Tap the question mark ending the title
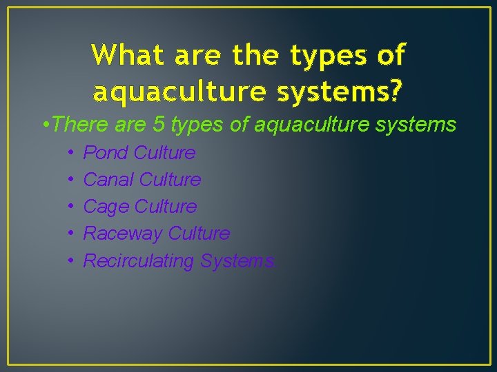(398, 90)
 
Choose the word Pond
(106, 153)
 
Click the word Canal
(108, 180)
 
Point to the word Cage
(106, 207)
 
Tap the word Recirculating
(139, 261)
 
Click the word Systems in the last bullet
(237, 261)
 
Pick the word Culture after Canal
(170, 180)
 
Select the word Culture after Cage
(166, 207)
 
